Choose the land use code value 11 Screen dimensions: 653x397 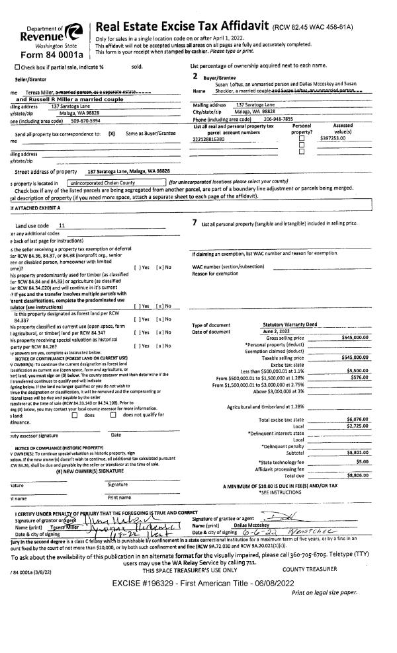tap(62, 225)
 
